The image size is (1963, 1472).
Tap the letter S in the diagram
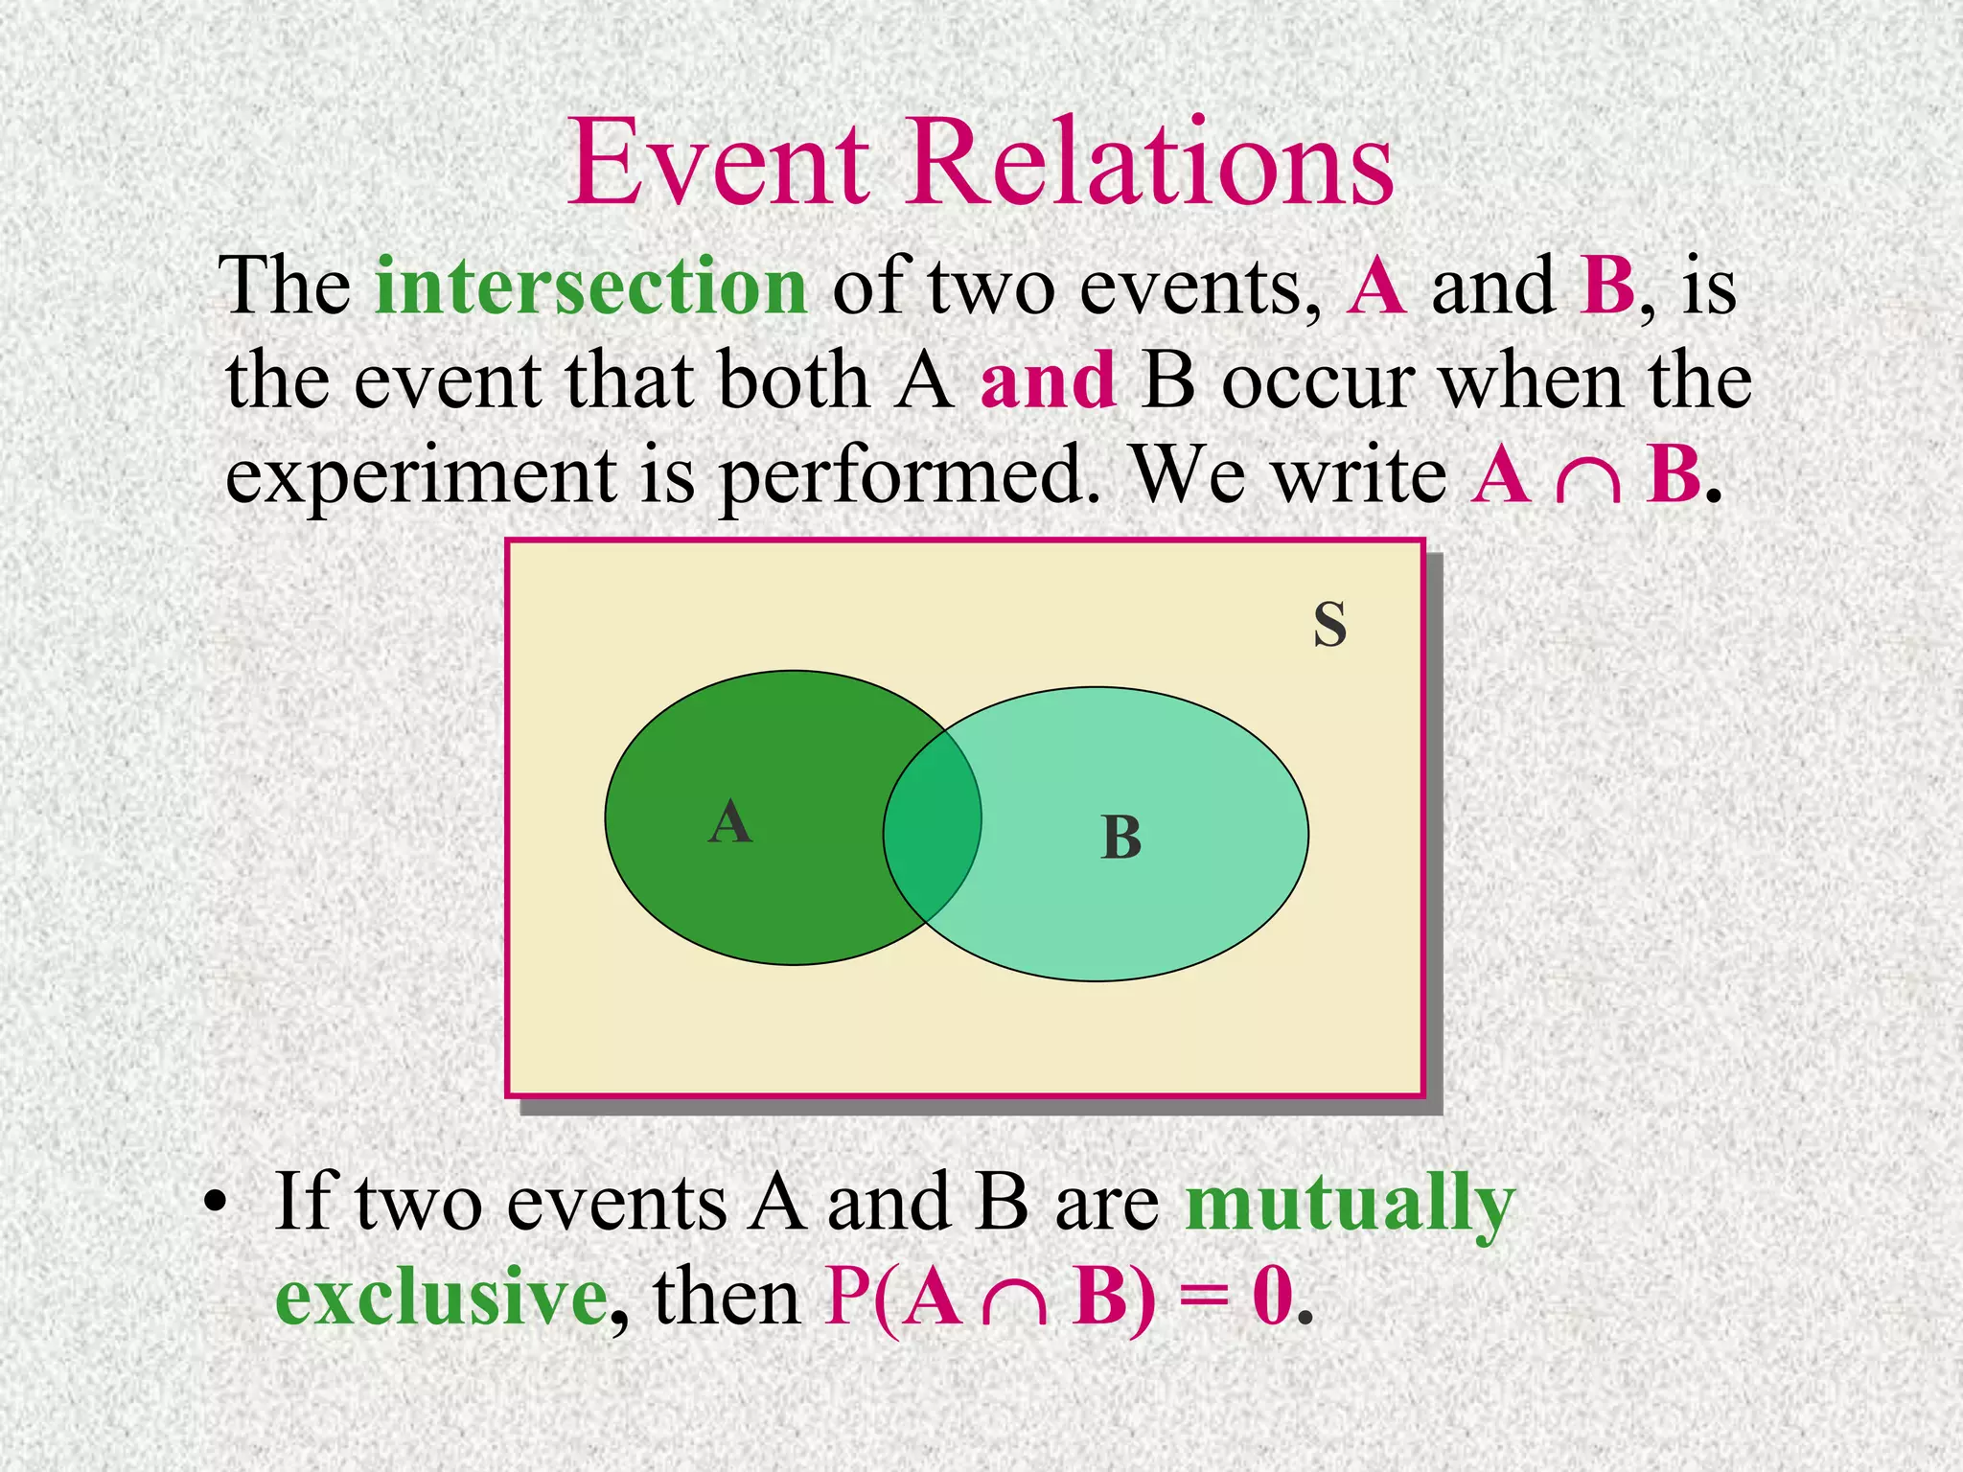1329,625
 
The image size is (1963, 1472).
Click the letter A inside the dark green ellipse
730,822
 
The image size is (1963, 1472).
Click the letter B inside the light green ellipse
1120,838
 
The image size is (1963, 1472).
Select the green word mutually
1350,1204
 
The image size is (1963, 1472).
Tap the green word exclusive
441,1297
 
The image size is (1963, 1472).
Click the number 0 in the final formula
1272,1297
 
